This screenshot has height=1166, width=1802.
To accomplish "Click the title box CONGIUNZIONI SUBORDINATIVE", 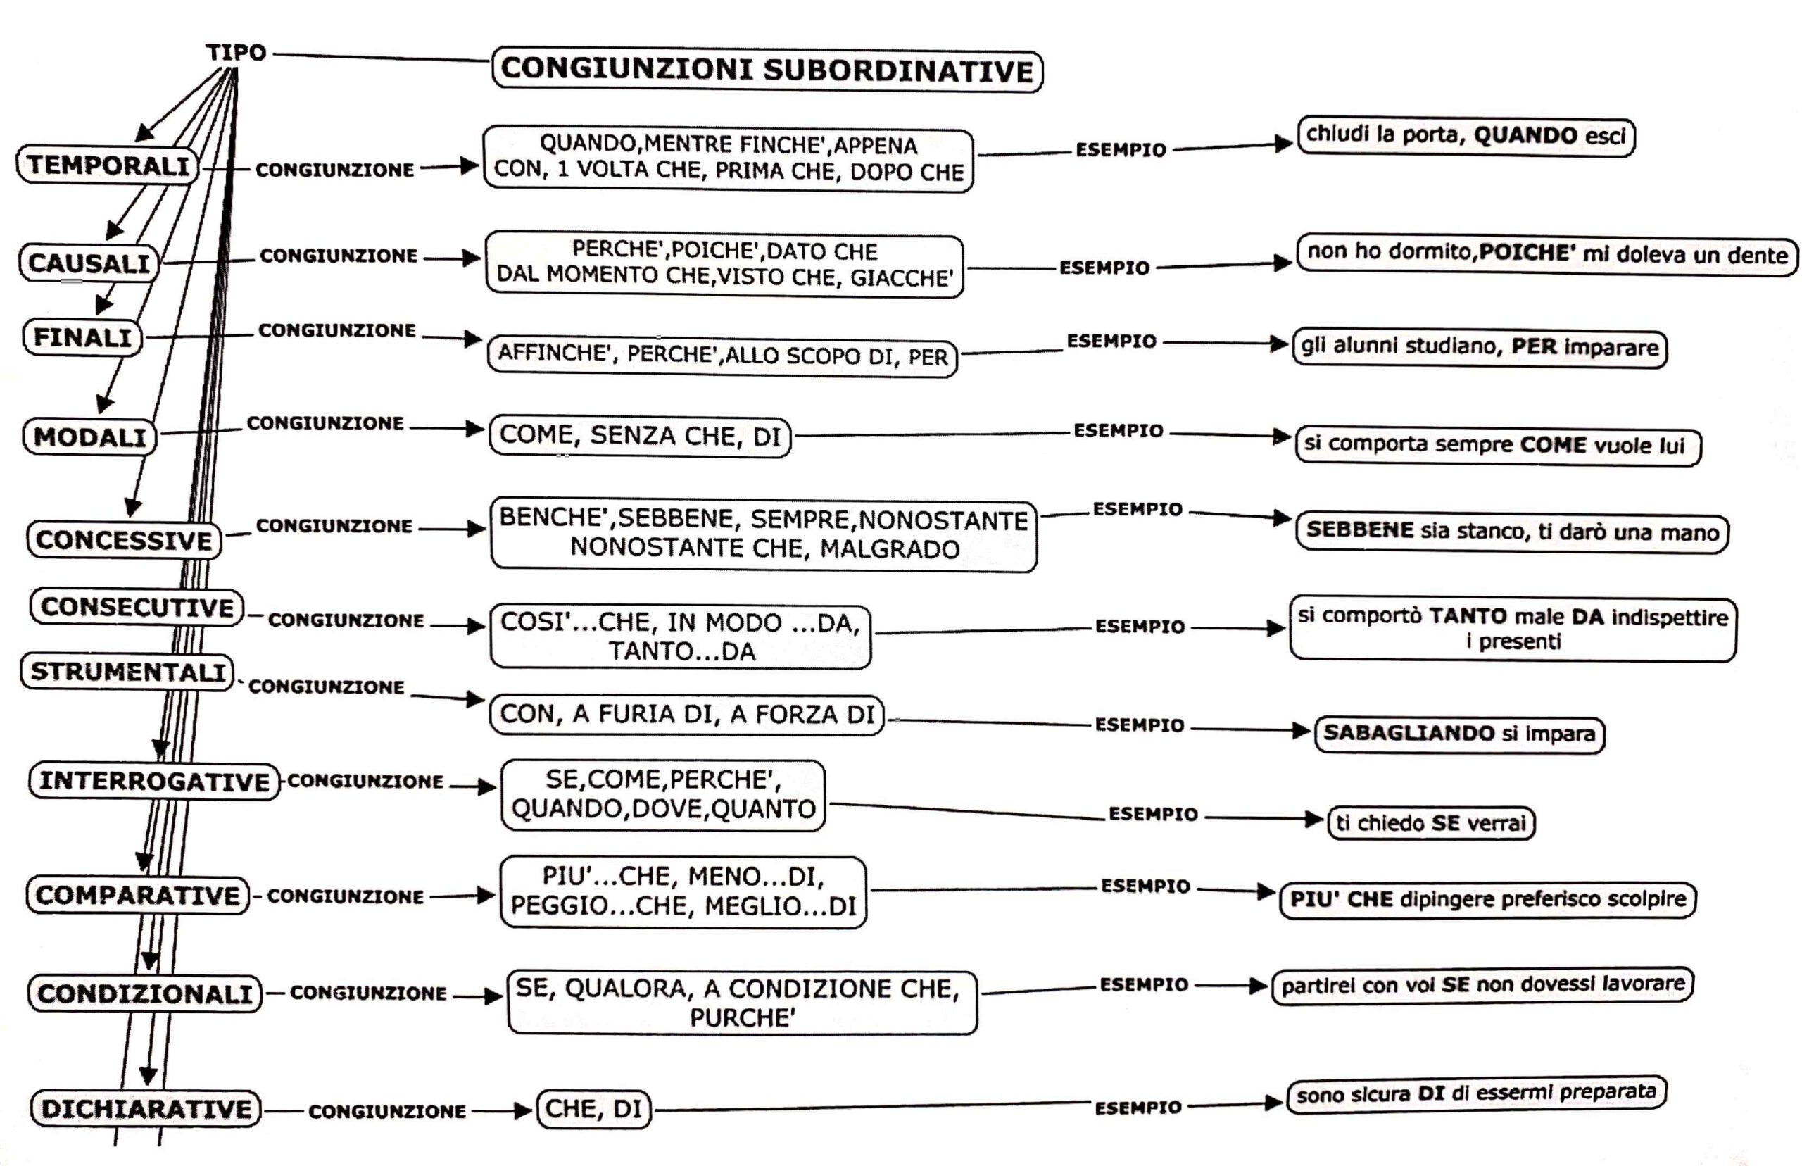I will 767,70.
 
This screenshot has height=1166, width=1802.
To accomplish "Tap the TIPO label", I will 236,53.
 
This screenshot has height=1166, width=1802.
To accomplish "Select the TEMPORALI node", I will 108,165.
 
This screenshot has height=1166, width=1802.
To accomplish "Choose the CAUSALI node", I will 89,263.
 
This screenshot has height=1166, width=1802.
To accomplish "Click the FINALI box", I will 82,337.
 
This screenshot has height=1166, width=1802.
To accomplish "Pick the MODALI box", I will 89,437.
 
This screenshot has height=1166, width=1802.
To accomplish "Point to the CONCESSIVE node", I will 124,540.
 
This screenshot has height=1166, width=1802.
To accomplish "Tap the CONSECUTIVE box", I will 137,607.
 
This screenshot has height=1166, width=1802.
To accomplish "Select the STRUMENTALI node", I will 127,672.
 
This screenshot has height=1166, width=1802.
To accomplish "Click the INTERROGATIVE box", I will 154,781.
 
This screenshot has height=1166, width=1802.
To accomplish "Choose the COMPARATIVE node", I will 137,895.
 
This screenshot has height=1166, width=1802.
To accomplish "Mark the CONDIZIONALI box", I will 144,993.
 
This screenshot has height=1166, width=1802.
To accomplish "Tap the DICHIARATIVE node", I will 146,1108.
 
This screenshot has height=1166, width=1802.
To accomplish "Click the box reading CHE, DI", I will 593,1108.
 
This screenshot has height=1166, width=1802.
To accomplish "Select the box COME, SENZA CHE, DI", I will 640,435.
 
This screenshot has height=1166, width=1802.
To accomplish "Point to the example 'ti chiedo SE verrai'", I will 1430,823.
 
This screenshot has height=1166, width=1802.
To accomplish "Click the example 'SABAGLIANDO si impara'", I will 1458,734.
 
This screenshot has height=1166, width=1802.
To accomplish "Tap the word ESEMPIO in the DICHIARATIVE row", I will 1138,1108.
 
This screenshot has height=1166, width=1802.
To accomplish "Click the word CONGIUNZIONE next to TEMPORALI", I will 334,170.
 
